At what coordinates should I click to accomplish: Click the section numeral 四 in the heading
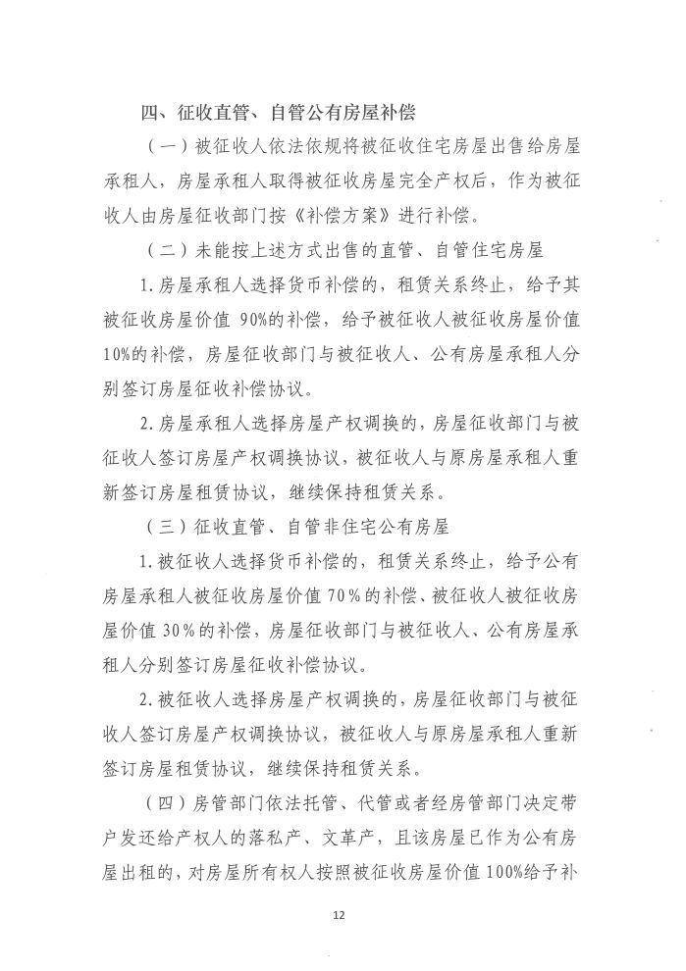coord(149,112)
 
